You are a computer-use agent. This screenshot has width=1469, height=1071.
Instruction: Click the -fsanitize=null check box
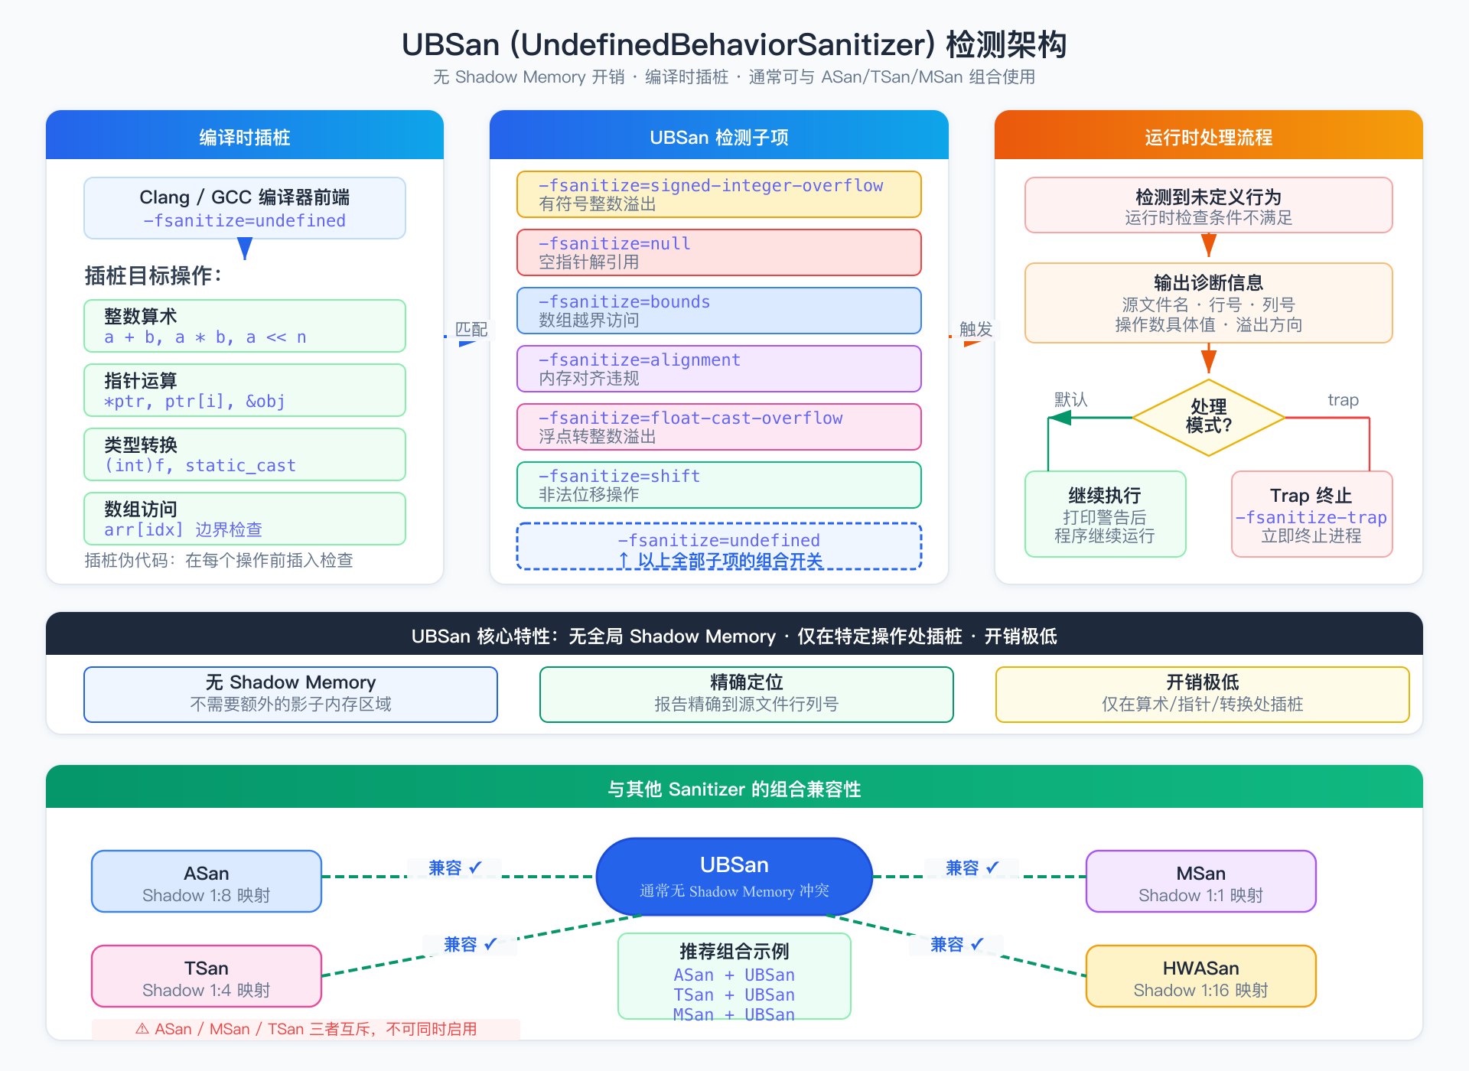point(718,252)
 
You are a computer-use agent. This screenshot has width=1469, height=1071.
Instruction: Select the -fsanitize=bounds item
point(718,311)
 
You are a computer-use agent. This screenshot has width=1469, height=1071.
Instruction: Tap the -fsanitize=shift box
point(718,485)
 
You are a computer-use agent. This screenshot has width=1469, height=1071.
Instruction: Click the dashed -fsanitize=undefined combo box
point(718,547)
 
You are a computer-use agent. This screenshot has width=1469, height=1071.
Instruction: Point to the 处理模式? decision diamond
point(1208,417)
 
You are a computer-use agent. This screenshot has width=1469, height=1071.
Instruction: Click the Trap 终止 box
point(1311,514)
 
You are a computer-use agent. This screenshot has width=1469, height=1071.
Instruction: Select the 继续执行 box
point(1105,514)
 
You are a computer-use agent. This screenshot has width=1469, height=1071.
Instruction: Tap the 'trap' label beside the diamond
point(1343,400)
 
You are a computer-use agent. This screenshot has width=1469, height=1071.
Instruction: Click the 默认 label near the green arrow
point(1070,400)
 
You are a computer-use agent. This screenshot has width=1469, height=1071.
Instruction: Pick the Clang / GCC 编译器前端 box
point(244,208)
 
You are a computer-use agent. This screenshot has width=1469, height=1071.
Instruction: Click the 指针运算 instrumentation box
point(244,390)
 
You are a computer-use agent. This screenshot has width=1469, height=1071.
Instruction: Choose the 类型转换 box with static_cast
point(244,454)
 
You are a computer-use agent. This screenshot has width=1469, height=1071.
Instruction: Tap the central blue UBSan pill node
point(734,877)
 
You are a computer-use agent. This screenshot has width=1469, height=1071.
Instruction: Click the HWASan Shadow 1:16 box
point(1200,977)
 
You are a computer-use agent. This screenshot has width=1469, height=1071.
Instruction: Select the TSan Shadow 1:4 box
point(206,977)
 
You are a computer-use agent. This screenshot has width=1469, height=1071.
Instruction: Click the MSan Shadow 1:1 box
point(1200,882)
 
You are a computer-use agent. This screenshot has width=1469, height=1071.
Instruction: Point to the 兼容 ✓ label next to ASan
point(454,868)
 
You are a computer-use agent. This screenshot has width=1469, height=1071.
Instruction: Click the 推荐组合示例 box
point(734,977)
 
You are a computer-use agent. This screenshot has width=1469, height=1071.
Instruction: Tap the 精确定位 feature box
point(746,694)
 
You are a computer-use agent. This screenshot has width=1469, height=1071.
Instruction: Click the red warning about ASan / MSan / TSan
point(306,1029)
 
